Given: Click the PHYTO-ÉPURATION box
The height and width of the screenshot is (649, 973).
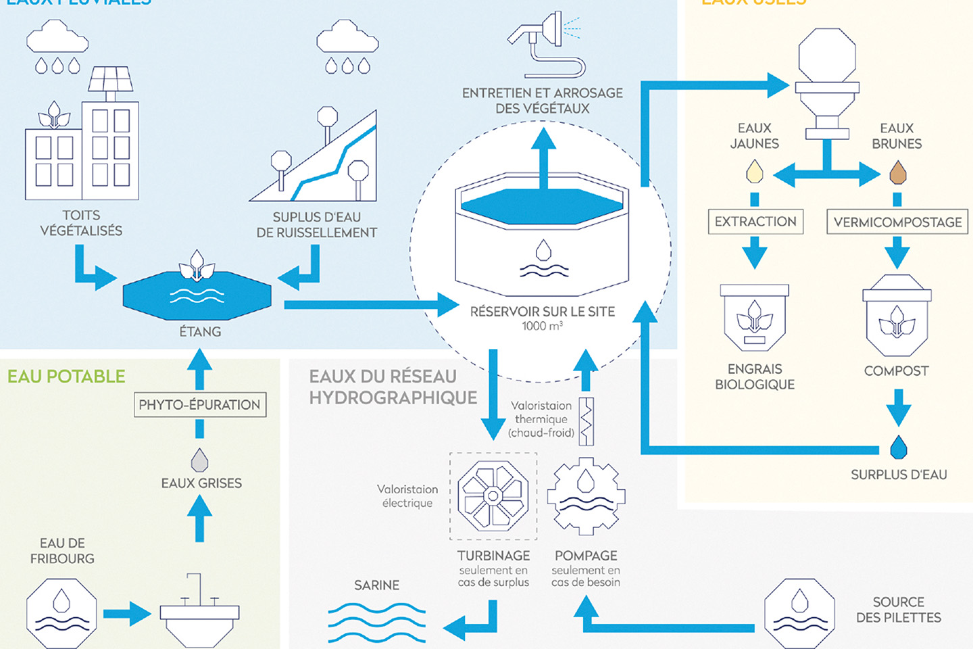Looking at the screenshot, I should click(200, 405).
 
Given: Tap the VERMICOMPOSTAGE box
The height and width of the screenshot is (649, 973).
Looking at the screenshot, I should click(897, 222).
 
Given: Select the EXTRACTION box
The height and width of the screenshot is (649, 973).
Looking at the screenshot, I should click(755, 221).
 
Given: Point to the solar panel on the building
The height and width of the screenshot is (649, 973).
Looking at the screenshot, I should click(111, 79).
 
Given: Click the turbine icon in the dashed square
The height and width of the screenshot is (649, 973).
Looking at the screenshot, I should click(493, 496).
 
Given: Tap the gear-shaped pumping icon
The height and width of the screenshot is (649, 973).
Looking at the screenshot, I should click(586, 496).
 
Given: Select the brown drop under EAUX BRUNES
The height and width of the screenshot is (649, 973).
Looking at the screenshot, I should click(897, 172).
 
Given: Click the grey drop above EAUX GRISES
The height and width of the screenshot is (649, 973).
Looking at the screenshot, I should click(199, 460).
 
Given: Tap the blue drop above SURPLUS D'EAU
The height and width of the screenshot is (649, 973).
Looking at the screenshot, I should click(898, 448).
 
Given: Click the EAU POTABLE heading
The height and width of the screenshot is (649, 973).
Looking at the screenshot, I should click(66, 377).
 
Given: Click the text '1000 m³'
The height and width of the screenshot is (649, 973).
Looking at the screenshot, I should click(542, 326).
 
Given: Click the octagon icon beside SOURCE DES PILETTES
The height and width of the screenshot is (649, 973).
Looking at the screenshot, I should click(799, 612).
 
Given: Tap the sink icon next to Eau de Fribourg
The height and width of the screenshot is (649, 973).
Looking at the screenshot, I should click(199, 612).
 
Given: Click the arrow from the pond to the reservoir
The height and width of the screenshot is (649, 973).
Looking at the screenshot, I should click(372, 305).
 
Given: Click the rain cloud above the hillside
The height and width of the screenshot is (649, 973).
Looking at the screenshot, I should click(347, 37).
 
